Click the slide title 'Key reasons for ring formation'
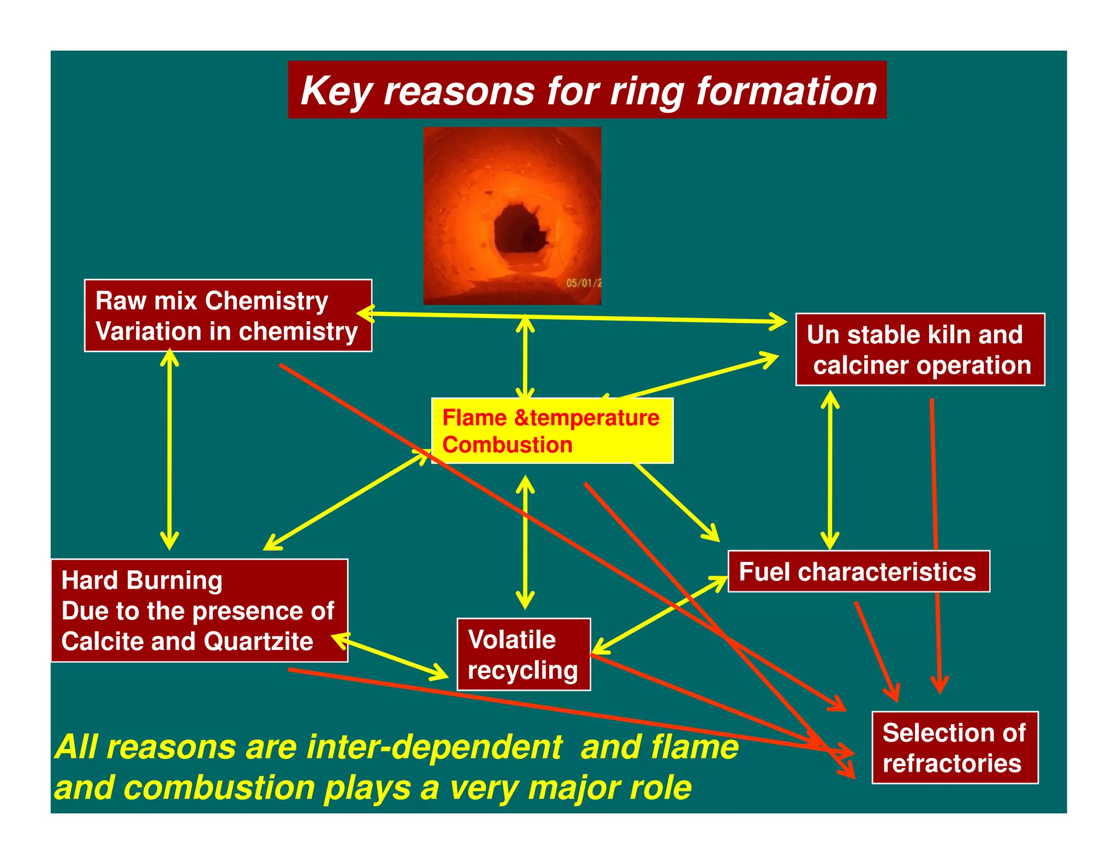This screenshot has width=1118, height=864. point(587,90)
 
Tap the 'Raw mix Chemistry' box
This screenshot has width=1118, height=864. point(228,316)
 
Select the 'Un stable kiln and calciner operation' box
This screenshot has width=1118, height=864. point(920,350)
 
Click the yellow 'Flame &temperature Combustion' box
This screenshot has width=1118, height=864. point(552,431)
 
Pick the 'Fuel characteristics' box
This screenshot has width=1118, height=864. point(858,572)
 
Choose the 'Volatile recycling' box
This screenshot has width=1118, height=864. point(523,654)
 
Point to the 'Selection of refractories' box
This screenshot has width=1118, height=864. point(954,748)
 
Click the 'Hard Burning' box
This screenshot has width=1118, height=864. point(199,611)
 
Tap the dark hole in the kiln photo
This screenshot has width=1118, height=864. point(519,229)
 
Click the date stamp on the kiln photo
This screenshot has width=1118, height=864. point(583,283)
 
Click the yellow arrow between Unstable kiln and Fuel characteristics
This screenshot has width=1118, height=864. point(830,470)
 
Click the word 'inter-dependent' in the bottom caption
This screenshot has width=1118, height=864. point(434,747)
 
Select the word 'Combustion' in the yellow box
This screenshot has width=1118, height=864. point(507,445)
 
